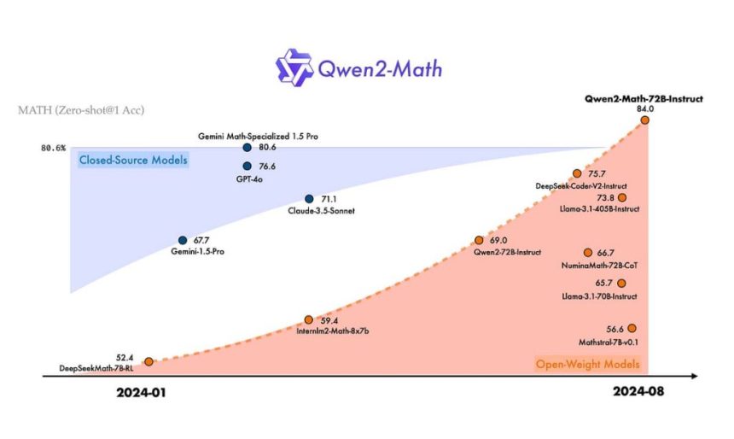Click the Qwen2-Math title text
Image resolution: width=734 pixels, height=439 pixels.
tap(378, 67)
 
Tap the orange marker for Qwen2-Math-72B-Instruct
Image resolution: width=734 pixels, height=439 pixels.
tap(644, 120)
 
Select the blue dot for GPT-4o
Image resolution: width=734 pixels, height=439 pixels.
tap(247, 166)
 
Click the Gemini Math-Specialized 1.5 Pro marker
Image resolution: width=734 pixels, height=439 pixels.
tap(247, 148)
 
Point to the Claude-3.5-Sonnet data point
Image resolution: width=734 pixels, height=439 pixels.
tap(309, 199)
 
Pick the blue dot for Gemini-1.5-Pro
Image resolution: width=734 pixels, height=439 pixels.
tap(183, 241)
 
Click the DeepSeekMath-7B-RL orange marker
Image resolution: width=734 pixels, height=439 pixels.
tap(149, 361)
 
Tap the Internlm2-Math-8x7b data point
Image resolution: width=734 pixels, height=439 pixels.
tap(309, 320)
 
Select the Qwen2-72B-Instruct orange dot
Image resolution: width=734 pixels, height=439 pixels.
tap(479, 241)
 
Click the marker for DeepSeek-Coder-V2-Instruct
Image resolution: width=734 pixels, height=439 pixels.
tap(577, 173)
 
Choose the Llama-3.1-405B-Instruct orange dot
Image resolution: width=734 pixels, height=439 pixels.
tap(621, 197)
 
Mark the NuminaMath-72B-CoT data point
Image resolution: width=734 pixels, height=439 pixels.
tap(588, 253)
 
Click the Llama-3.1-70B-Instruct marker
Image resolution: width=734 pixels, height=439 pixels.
tap(621, 284)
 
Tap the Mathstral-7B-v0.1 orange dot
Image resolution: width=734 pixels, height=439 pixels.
tap(632, 328)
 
